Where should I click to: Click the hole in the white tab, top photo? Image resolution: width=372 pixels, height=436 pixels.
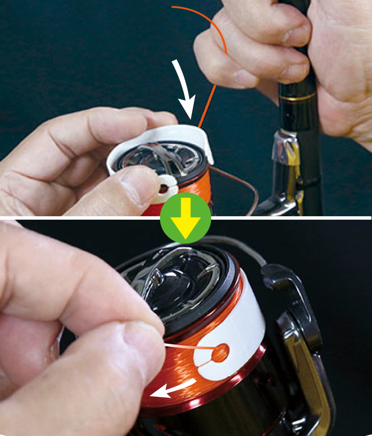pyautogui.click(x=163, y=186)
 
